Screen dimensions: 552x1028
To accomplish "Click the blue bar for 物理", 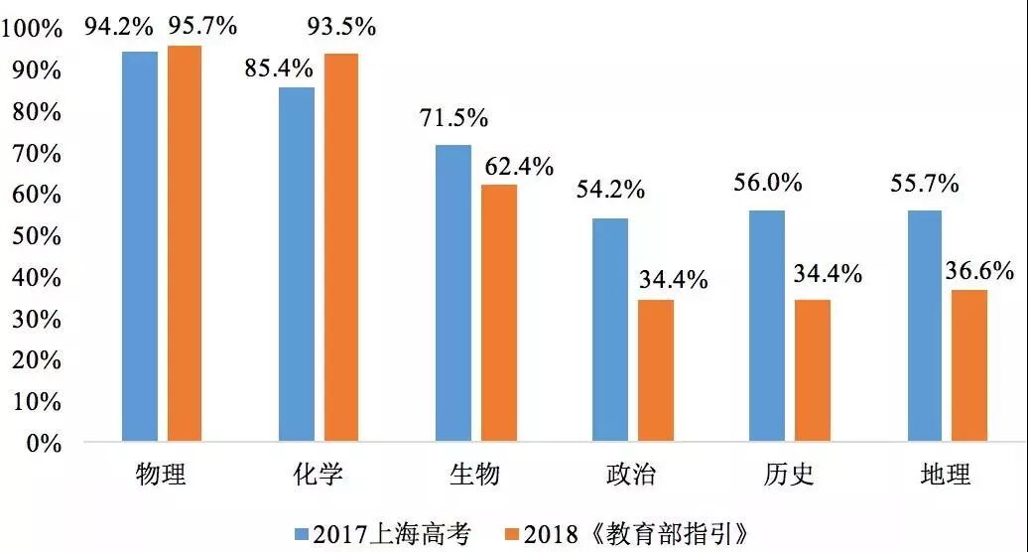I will coord(140,245).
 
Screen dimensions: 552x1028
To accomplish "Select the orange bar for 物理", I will coord(185,242).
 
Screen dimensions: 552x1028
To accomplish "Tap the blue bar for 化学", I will coord(297,263).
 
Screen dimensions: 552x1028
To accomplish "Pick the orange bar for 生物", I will coord(499,312).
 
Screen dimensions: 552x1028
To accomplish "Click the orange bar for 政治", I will coord(656,369).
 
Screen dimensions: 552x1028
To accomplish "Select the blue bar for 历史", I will coord(767,325).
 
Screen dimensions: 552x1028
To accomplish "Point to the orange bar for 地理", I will coord(969,364).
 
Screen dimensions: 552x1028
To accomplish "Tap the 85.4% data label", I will coord(279,69).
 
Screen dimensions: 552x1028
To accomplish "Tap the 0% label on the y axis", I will coord(45,444).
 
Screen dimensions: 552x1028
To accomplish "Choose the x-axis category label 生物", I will coord(474,475).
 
